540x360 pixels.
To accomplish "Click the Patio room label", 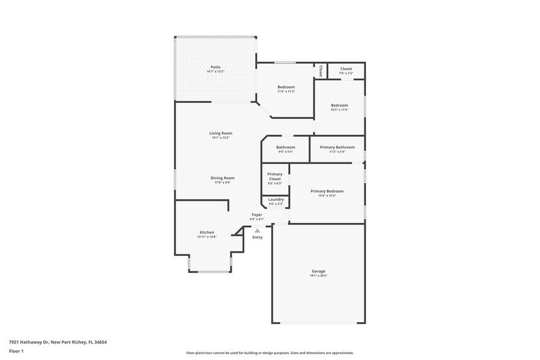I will (216, 67).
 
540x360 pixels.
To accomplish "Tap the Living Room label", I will (220, 133).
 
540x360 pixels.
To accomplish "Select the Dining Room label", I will (224, 178).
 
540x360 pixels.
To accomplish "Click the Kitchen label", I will (207, 232).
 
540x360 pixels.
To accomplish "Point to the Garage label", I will (318, 271).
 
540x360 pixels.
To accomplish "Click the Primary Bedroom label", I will (327, 191).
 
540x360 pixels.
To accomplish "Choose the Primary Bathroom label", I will (337, 147).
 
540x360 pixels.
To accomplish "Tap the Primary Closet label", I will (275, 176).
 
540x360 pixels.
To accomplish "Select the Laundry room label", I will (276, 199).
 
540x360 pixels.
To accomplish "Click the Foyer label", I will (257, 214).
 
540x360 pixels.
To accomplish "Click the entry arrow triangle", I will (257, 230).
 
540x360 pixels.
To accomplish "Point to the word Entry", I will (257, 237).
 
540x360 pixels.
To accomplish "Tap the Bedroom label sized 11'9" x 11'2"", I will (286, 87).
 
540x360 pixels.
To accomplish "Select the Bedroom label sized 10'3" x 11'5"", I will (339, 105).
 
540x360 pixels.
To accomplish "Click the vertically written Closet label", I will (320, 71).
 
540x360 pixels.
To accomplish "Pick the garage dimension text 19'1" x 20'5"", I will (318, 276).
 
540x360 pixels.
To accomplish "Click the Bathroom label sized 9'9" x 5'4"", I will (285, 147).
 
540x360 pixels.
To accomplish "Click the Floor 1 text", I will (17, 351).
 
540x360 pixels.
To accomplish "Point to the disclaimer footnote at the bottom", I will (269, 353).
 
